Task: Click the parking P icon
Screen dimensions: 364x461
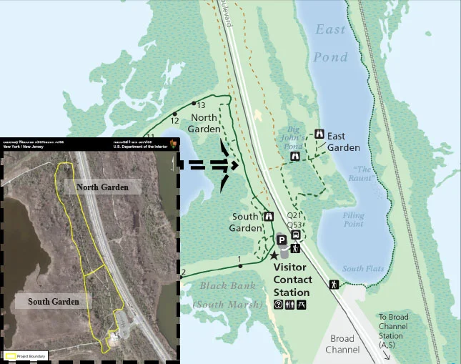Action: pyautogui.click(x=282, y=240)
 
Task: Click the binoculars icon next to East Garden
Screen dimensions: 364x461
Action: pyautogui.click(x=319, y=134)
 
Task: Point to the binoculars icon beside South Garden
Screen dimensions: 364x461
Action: pyautogui.click(x=269, y=216)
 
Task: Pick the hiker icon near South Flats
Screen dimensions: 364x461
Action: pyautogui.click(x=334, y=285)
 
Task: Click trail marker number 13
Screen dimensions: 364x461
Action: pyautogui.click(x=194, y=104)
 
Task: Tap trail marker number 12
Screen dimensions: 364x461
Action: pyautogui.click(x=174, y=113)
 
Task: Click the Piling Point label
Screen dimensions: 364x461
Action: pyautogui.click(x=353, y=220)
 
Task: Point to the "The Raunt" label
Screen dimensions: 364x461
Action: pyautogui.click(x=361, y=174)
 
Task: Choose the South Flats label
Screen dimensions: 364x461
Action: pyautogui.click(x=363, y=269)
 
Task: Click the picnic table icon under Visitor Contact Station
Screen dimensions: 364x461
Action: pyautogui.click(x=302, y=305)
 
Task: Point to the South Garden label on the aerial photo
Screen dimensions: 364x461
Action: pyautogui.click(x=54, y=302)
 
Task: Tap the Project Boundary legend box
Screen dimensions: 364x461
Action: pyautogui.click(x=11, y=355)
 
